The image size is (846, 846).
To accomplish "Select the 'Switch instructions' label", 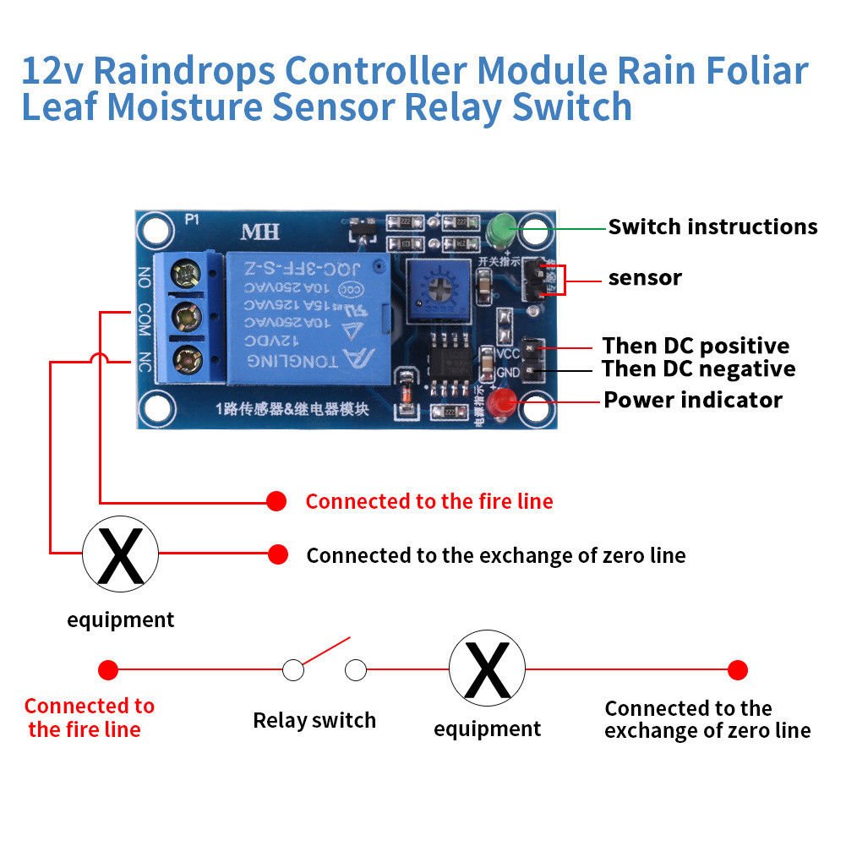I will (712, 227).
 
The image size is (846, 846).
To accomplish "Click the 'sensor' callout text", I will (645, 278).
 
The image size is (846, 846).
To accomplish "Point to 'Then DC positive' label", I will (696, 346).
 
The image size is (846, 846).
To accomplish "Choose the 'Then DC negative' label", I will (698, 369).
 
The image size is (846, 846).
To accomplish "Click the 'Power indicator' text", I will (692, 400).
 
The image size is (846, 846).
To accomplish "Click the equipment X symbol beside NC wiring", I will (120, 554).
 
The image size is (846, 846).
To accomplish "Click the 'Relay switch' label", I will (314, 721).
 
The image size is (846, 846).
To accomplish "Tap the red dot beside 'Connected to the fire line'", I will (276, 501).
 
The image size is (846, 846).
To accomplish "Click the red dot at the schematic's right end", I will (738, 670).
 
